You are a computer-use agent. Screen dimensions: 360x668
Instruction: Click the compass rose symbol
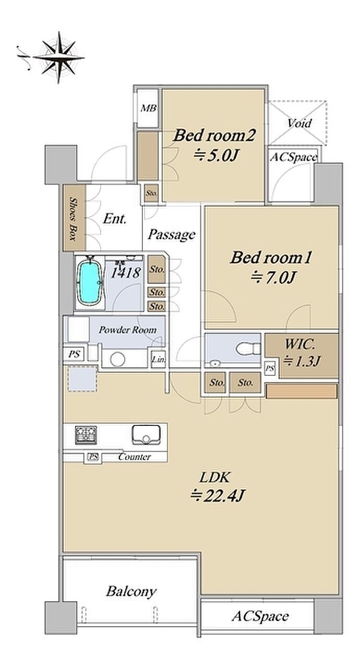pos(59,57)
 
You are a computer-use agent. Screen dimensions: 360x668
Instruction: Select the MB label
pos(148,108)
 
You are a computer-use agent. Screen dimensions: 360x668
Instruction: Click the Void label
pos(299,123)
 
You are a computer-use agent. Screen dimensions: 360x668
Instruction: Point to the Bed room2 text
pos(214,136)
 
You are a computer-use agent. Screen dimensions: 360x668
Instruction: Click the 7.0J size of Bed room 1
pos(273,278)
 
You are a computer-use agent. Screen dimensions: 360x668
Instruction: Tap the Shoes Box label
pos(73,218)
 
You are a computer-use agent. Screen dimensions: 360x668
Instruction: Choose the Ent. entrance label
pos(115,219)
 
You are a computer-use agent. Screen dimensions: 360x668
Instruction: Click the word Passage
pos(172,234)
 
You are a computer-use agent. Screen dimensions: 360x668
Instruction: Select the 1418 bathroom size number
pos(125,272)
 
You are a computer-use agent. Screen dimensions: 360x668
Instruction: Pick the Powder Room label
pos(127,330)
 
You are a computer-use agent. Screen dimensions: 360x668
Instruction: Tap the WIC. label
pos(300,344)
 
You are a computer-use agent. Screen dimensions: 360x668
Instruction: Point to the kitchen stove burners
pos(86,435)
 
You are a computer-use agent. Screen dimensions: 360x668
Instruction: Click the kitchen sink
pos(146,435)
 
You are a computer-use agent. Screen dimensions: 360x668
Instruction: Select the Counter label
pos(135,457)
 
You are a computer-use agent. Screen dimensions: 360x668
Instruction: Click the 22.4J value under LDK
pos(218,496)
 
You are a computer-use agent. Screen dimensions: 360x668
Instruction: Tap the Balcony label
pos(131,592)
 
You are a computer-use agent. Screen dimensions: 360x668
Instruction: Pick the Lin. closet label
pos(158,360)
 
